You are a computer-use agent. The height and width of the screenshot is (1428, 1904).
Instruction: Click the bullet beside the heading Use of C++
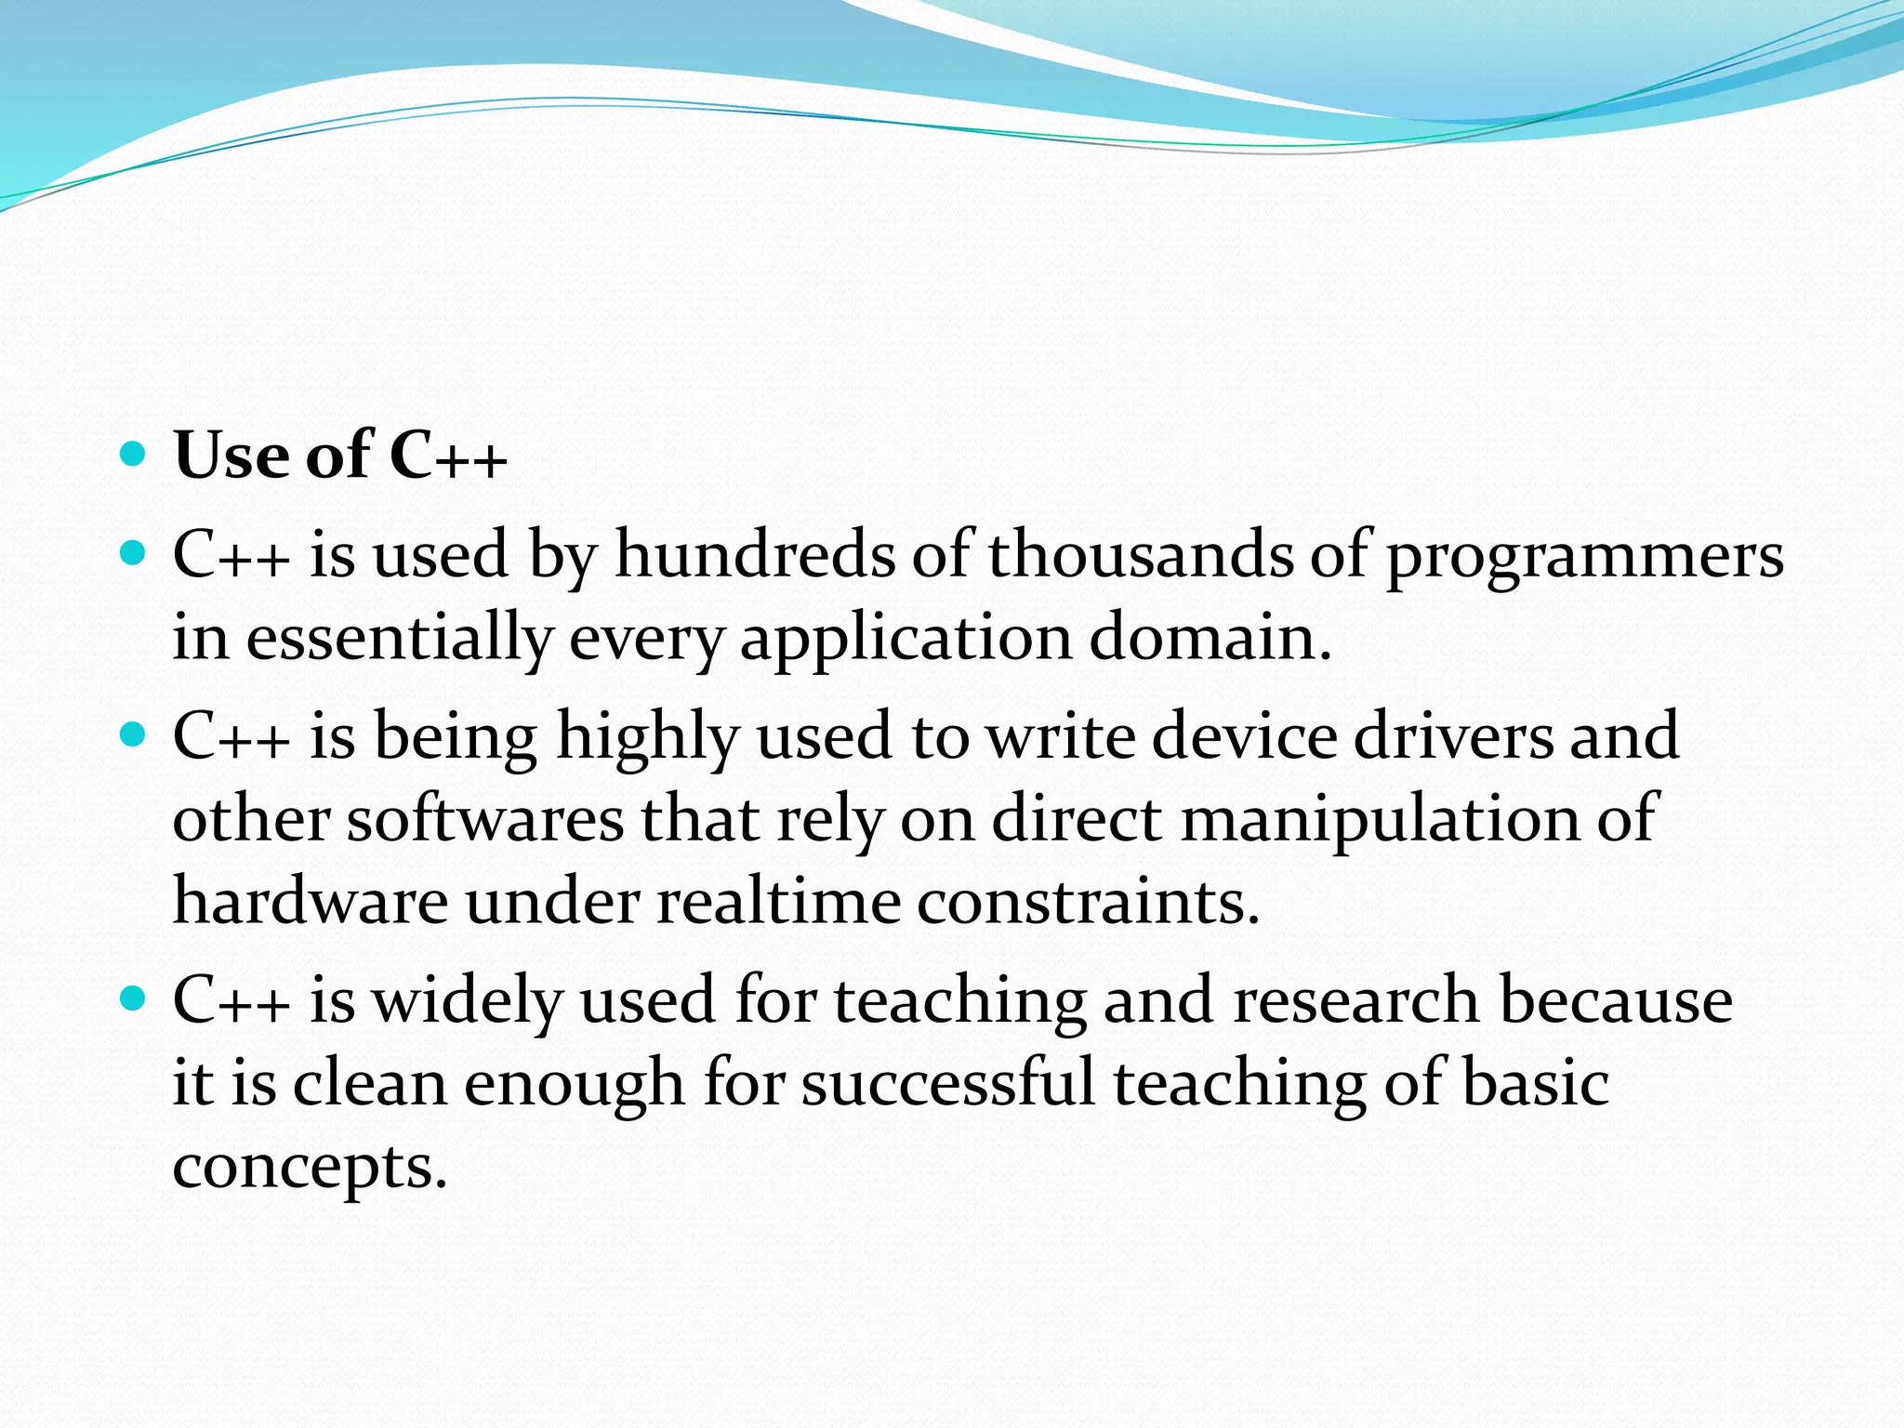[134, 455]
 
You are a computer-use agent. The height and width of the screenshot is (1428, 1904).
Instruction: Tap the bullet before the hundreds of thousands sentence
[134, 554]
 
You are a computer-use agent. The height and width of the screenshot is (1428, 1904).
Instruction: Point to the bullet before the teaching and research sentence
[134, 999]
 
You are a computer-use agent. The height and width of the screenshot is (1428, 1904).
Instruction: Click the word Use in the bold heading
[231, 456]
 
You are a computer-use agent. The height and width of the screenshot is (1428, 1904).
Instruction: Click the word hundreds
[754, 555]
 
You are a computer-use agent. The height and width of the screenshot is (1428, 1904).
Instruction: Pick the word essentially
[399, 640]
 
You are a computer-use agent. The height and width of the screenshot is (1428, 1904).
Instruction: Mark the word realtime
[778, 902]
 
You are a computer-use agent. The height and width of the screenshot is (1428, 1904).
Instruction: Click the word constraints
[1087, 902]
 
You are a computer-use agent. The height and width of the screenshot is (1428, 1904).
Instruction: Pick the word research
[1355, 1000]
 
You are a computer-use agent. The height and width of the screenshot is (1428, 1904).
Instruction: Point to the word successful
[948, 1083]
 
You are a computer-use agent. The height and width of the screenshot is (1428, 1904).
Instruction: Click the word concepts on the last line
[309, 1169]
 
